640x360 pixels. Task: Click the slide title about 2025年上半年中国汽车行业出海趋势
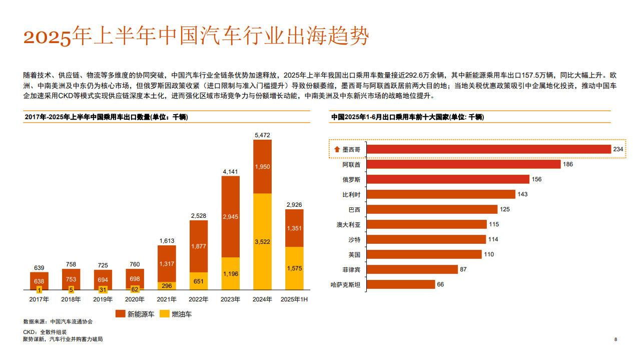196,37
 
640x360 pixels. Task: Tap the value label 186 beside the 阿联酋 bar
567,164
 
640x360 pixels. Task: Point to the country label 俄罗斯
351,179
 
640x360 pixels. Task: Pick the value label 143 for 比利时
522,194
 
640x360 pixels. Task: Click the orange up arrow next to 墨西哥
337,149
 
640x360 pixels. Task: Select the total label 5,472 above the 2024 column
262,135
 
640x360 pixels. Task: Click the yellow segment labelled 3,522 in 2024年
262,242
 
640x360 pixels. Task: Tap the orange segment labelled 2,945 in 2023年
230,217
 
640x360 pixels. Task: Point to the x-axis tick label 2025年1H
294,299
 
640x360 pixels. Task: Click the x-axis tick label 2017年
39,299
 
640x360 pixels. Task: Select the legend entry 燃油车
176,314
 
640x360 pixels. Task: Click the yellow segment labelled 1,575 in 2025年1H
294,268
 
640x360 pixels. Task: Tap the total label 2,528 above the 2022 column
198,216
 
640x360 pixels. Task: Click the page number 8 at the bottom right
615,339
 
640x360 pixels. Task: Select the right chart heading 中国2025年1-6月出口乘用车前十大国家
407,117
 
